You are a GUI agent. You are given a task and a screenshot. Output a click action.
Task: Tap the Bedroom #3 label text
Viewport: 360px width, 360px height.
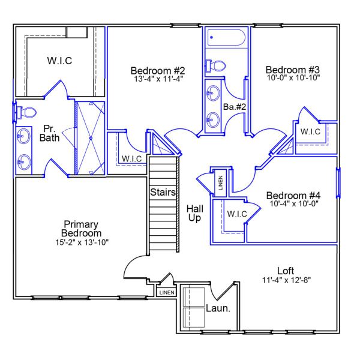pos(293,69)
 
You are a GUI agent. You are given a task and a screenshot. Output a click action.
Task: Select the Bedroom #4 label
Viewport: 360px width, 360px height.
pos(293,196)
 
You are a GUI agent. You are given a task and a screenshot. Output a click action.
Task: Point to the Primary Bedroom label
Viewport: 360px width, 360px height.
pos(82,229)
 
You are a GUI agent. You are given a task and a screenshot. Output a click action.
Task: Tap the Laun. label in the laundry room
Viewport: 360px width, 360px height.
pos(219,309)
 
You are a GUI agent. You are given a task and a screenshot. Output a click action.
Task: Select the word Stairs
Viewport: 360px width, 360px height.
pos(163,193)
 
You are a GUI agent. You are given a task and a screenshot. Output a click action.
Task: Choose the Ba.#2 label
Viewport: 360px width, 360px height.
pos(235,107)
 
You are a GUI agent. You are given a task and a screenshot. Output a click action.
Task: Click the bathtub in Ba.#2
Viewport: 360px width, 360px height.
pos(226,38)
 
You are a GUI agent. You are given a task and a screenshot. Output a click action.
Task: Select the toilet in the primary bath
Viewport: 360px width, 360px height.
pos(26,112)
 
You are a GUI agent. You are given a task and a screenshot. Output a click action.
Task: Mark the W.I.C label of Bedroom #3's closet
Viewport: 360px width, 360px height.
pos(310,131)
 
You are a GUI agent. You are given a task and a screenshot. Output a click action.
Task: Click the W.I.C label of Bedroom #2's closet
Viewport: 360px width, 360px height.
pos(131,158)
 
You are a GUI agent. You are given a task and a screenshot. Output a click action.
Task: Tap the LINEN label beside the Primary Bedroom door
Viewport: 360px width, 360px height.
pos(166,293)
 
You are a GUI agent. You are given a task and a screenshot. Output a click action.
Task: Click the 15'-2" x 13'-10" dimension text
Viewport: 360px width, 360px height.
pos(82,242)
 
